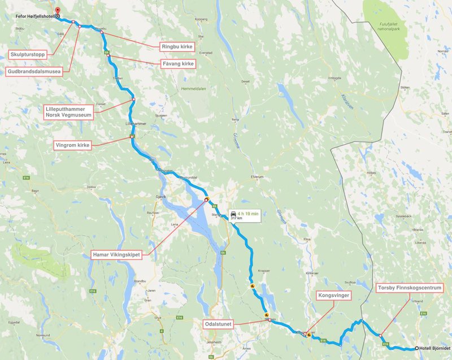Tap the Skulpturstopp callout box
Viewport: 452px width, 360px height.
28,55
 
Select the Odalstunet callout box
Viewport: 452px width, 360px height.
218,324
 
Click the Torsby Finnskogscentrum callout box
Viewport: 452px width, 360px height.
410,288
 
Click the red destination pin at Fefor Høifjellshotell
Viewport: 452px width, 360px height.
58,11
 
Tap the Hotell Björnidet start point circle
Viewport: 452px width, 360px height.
417,348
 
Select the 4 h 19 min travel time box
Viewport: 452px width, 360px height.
244,215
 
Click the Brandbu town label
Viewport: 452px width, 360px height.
132,280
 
